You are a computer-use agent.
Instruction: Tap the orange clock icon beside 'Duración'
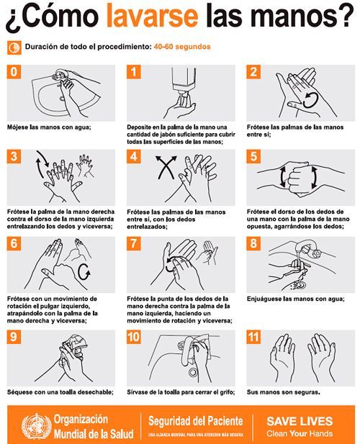14,47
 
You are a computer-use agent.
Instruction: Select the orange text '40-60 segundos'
182,47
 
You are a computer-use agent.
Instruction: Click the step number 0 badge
14,72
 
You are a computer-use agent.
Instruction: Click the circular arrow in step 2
310,101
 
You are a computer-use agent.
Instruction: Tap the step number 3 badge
14,156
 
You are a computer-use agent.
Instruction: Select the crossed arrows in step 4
166,168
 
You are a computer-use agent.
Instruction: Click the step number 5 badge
253,156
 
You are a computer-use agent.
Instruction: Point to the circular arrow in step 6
84,272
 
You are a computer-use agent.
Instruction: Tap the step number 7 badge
134,243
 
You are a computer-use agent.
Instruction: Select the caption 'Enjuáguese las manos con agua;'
296,299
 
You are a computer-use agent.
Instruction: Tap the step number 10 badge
134,337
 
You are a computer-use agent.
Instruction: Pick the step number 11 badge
253,337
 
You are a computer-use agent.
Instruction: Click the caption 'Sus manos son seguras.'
284,392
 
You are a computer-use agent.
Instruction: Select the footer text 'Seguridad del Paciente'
196,421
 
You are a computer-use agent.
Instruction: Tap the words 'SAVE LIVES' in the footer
300,422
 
